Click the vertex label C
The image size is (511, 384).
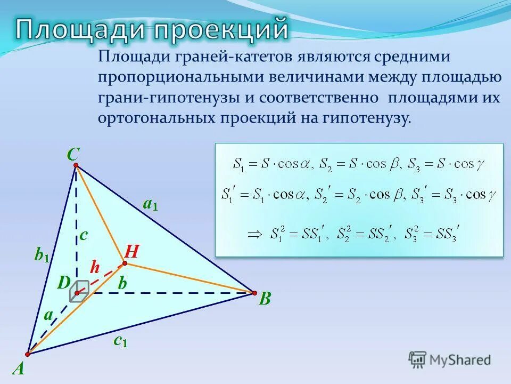(73, 154)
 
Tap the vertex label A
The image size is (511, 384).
(19, 369)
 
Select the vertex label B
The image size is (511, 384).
(265, 299)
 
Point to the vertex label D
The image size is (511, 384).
(64, 284)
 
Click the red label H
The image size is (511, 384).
(131, 251)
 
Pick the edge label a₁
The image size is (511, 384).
(150, 204)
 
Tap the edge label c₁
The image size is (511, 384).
(120, 341)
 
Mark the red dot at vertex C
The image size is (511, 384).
(76, 166)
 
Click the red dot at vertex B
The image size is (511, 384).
(254, 292)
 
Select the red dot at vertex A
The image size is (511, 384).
(28, 354)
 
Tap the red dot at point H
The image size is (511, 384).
(125, 263)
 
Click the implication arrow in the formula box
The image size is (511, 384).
(257, 233)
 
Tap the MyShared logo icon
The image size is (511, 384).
(418, 359)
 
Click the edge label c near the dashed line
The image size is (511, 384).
(84, 235)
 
